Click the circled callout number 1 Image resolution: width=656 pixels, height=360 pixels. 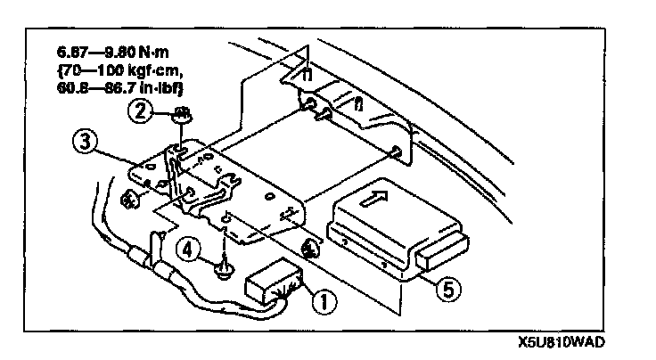pyautogui.click(x=322, y=300)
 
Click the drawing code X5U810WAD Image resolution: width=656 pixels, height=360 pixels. pyautogui.click(x=561, y=341)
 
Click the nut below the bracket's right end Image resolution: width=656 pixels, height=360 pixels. pyautogui.click(x=310, y=249)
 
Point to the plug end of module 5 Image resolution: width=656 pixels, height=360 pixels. pyautogui.click(x=441, y=250)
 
